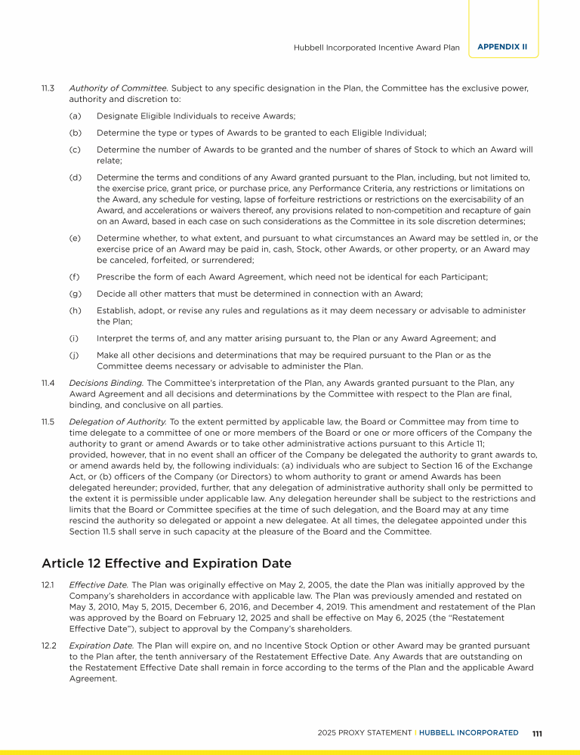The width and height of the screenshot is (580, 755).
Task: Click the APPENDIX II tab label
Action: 502,47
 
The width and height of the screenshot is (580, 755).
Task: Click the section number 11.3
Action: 48,88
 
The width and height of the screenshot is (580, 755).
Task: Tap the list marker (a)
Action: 75,116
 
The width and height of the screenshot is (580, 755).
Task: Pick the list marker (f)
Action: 74,277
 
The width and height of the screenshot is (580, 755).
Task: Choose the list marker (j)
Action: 74,355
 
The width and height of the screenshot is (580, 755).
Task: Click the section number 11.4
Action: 48,383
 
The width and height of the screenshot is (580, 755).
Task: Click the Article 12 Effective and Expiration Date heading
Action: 166,563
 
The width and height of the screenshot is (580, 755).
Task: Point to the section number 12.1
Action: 48,585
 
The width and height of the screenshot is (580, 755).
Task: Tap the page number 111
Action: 538,733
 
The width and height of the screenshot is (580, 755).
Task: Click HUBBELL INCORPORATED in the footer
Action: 468,733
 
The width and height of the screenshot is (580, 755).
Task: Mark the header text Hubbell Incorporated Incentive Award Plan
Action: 376,48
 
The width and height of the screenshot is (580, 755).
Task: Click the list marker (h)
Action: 75,310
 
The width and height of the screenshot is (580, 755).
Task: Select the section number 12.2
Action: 48,646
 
